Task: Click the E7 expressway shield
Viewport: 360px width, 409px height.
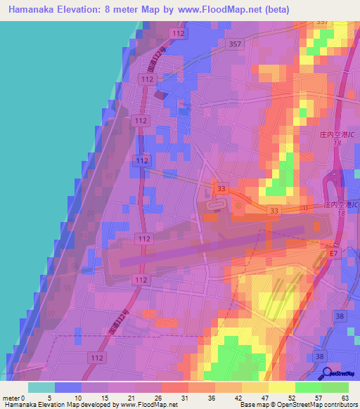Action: tap(334, 252)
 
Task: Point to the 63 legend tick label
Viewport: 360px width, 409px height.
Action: tap(345, 397)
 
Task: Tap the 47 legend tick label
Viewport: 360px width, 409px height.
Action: tap(264, 397)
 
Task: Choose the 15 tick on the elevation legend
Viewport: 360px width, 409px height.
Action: tap(103, 397)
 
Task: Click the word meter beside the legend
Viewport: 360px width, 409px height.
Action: tap(11, 397)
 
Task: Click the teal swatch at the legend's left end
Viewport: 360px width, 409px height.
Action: tap(41, 387)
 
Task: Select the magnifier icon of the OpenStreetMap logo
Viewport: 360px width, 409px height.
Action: tap(326, 374)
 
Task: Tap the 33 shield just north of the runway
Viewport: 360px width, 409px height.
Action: tap(274, 210)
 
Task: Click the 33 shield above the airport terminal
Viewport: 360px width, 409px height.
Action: tap(221, 188)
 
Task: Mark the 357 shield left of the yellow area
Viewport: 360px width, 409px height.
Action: tap(236, 44)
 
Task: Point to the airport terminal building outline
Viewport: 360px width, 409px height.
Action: tap(216, 205)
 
